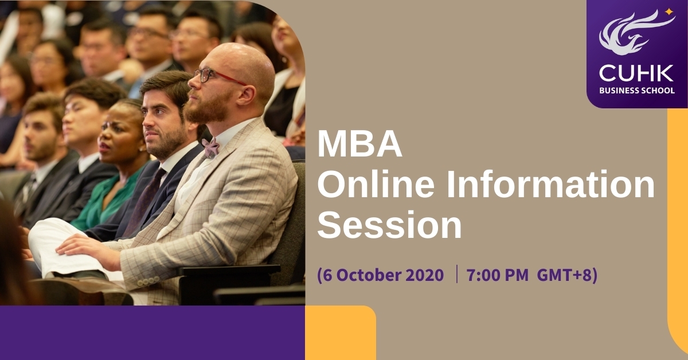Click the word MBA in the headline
[x=359, y=144]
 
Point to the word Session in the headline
[x=389, y=225]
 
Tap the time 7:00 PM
[x=498, y=275]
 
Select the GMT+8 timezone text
[x=564, y=275]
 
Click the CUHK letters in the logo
[x=636, y=74]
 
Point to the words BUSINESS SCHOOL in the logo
[x=637, y=91]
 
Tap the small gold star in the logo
[x=669, y=12]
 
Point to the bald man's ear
[x=247, y=95]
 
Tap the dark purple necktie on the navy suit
[x=144, y=203]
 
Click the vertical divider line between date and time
[x=457, y=274]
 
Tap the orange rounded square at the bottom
[x=341, y=332]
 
